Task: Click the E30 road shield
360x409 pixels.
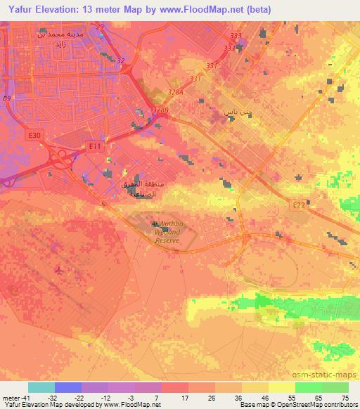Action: pos(37,134)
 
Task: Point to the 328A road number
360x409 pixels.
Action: pos(176,92)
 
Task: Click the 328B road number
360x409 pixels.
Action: pos(160,110)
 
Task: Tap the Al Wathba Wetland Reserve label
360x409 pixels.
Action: pos(168,232)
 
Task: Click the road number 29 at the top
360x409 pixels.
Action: pos(100,27)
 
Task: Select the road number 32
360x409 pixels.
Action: pos(120,61)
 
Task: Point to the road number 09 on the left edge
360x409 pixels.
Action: pos(7,98)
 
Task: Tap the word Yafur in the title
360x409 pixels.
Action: pos(17,9)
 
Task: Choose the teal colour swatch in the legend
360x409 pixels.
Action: pos(41,387)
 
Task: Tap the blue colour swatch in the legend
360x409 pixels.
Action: pos(68,387)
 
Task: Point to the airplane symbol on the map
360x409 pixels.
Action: pos(59,270)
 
